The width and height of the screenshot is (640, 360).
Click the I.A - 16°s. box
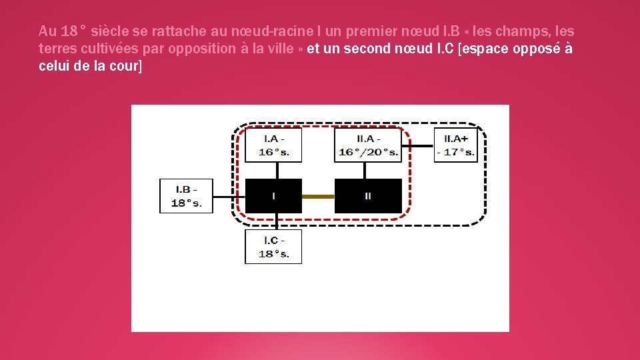pos(273,145)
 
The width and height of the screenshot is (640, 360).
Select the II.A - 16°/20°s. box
pos(369,145)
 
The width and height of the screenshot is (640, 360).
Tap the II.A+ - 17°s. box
pos(456,145)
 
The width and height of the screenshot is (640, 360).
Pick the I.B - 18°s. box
pos(186,195)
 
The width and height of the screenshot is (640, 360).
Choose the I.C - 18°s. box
pos(273,247)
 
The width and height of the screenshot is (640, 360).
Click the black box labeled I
pos(273,196)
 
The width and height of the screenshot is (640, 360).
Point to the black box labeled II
pos(368,196)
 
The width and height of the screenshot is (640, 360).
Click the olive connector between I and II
pos(318,197)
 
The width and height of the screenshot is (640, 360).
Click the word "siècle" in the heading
pos(109,31)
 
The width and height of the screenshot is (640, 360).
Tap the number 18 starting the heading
pos(69,31)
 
